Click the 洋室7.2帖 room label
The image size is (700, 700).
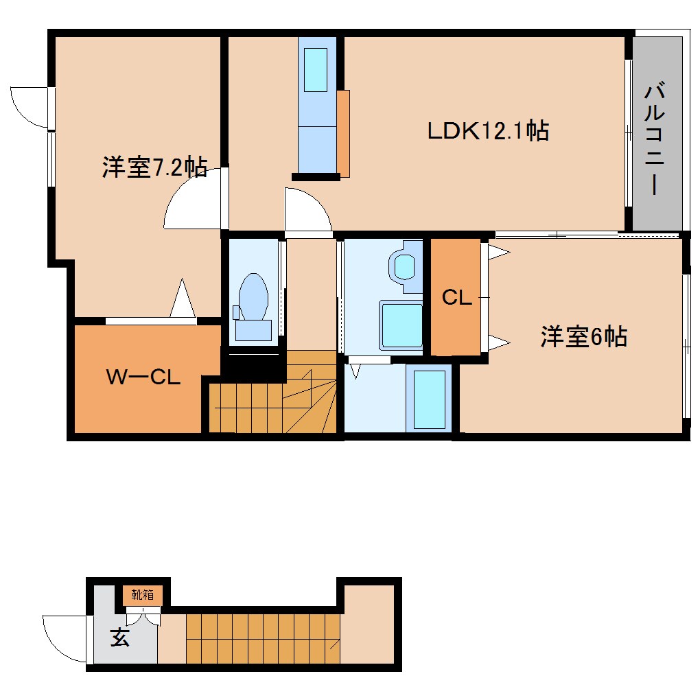pyautogui.click(x=154, y=167)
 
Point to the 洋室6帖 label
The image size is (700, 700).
pyautogui.click(x=583, y=337)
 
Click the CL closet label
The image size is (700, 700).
pyautogui.click(x=456, y=298)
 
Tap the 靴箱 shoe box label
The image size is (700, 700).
pyautogui.click(x=142, y=595)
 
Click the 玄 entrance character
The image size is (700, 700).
pyautogui.click(x=120, y=638)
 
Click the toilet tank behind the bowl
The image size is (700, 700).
pyautogui.click(x=253, y=330)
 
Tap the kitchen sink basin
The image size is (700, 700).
pyautogui.click(x=316, y=70)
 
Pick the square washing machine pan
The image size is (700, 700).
pyautogui.click(x=402, y=325)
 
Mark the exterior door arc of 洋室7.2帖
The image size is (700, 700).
pyautogui.click(x=31, y=106)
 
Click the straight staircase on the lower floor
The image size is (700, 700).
pyautogui.click(x=264, y=639)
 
